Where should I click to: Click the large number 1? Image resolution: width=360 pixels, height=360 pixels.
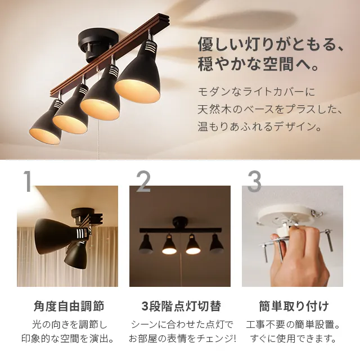coord(27,182)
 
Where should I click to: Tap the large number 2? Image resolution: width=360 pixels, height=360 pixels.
coord(143,182)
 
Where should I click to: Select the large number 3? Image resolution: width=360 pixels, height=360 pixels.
coord(254,182)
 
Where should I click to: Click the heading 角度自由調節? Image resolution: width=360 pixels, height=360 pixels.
coord(69,307)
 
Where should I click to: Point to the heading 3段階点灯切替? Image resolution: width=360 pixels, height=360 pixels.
coord(180,307)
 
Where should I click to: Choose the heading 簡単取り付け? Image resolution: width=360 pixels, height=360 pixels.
coord(294,307)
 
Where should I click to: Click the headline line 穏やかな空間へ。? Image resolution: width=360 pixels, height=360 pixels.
coord(259,63)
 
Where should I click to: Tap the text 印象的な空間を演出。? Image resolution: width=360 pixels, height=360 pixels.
coord(68,339)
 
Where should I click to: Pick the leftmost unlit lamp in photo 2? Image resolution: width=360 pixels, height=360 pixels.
coord(145,243)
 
